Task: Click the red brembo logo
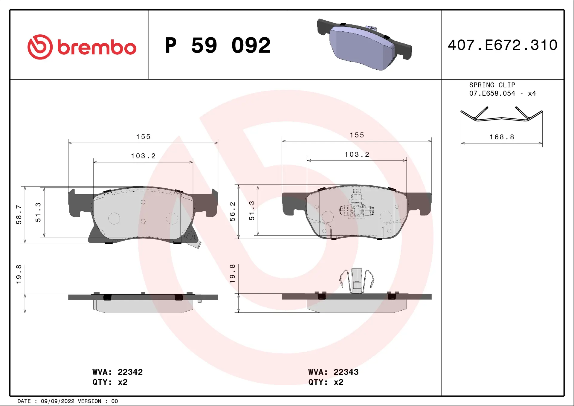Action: click(x=82, y=47)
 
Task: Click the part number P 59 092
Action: click(x=218, y=45)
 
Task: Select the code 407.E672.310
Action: click(x=502, y=45)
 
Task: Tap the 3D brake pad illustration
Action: click(x=364, y=45)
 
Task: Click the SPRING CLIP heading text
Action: click(x=492, y=85)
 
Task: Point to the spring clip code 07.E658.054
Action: click(x=492, y=93)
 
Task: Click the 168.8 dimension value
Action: click(x=502, y=137)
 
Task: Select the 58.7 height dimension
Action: click(x=19, y=214)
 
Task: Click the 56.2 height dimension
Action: click(x=232, y=211)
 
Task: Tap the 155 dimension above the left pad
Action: click(x=143, y=137)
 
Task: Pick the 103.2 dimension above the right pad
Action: click(x=357, y=154)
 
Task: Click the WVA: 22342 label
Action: click(x=117, y=372)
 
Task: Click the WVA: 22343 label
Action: click(x=333, y=372)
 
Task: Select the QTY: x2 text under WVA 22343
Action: click(x=326, y=382)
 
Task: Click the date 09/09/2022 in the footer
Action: click(x=57, y=401)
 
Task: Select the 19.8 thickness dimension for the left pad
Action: click(x=19, y=274)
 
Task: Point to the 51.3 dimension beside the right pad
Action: click(x=252, y=210)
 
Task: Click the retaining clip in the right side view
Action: click(x=357, y=280)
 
